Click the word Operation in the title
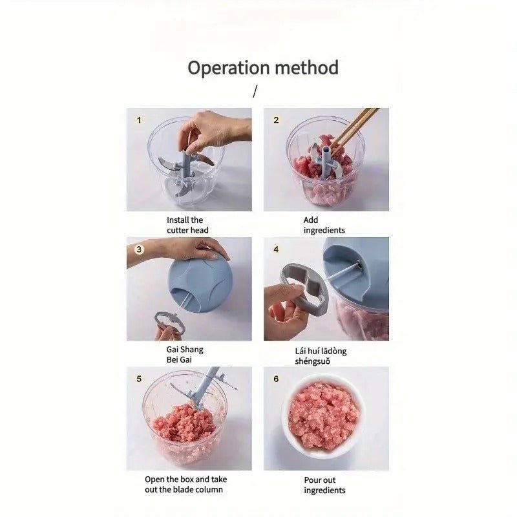click(229, 69)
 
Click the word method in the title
click(307, 68)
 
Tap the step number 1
click(139, 120)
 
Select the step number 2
click(276, 120)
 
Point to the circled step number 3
click(139, 249)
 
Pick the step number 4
click(276, 249)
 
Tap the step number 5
click(139, 379)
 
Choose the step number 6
click(276, 379)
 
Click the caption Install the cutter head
click(187, 225)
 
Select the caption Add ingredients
click(324, 225)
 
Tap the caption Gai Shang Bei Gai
click(185, 354)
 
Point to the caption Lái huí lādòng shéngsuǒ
click(321, 356)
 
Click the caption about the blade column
click(185, 484)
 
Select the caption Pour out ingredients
click(324, 485)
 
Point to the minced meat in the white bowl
click(323, 417)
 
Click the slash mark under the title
click(255, 91)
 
